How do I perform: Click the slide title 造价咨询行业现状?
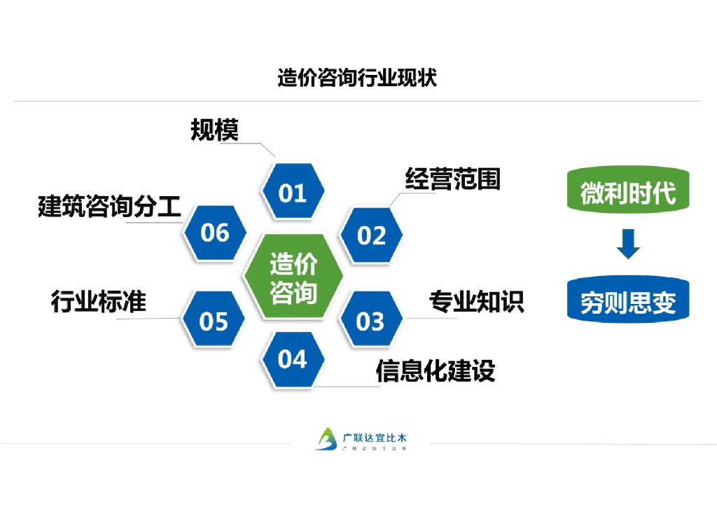click(x=357, y=78)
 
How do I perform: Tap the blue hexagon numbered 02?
click(x=371, y=235)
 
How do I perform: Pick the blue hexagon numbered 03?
click(x=371, y=321)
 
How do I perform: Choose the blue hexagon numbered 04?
click(x=293, y=359)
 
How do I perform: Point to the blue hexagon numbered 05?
click(x=214, y=321)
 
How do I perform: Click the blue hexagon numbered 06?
click(x=214, y=232)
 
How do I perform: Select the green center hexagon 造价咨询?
click(x=293, y=277)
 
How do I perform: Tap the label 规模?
click(x=215, y=130)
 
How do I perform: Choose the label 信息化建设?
click(x=435, y=370)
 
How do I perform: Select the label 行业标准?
click(x=99, y=301)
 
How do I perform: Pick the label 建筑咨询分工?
click(x=109, y=207)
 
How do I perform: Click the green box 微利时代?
click(x=628, y=191)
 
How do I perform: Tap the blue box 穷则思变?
click(x=628, y=302)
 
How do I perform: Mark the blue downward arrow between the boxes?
click(x=628, y=243)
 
